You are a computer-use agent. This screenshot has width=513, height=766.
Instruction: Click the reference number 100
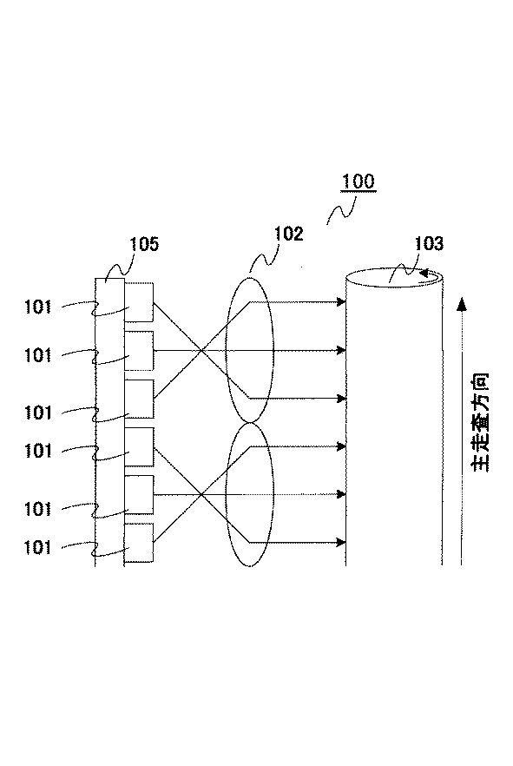coord(358,182)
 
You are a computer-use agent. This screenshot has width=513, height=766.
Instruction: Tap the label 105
coord(145,245)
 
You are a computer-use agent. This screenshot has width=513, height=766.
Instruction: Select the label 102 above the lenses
coord(288,234)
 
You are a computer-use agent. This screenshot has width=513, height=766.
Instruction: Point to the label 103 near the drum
coord(429,245)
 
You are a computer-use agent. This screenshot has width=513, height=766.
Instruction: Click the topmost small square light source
coord(139,301)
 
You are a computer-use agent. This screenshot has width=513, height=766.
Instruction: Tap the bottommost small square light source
coord(139,543)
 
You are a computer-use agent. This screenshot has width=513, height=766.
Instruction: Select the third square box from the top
coord(139,399)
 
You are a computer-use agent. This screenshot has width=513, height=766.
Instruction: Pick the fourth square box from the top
coord(139,446)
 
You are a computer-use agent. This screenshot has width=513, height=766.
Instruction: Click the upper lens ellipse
coord(250,349)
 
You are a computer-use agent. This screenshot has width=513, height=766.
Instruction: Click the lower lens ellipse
coord(250,493)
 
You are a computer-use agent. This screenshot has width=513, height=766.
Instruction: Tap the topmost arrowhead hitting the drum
coord(341,302)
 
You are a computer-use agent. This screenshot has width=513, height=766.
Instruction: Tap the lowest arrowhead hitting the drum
coord(341,543)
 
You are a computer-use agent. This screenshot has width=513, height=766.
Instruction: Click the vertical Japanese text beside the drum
coord(481,423)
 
